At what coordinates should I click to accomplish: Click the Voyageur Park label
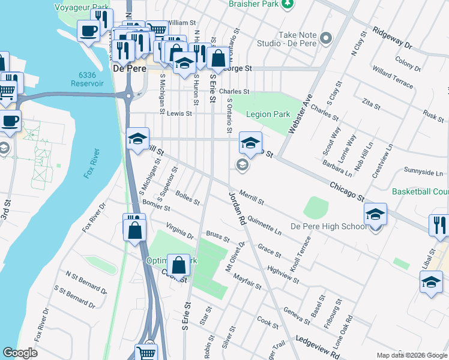82,8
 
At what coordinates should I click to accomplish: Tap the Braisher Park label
255,4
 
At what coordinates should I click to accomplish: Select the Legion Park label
269,114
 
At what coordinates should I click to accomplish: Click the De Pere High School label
328,226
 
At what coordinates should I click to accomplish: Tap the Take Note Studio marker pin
326,39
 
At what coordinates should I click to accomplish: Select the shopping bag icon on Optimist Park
178,265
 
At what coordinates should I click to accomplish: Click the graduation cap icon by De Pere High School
375,214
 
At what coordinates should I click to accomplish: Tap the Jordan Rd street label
237,209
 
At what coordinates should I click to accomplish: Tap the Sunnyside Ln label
423,172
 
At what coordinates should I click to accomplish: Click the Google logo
20,353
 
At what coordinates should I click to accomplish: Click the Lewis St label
179,113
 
